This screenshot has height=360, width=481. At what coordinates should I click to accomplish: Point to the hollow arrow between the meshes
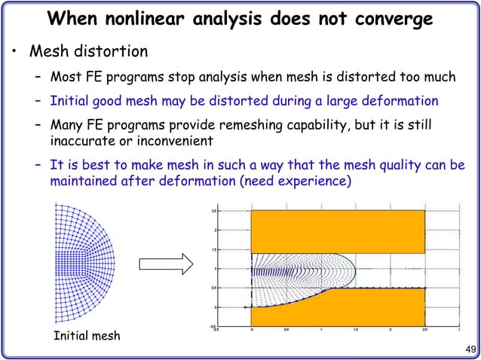point(165,264)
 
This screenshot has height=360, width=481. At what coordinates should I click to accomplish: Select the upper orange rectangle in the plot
point(338,231)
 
